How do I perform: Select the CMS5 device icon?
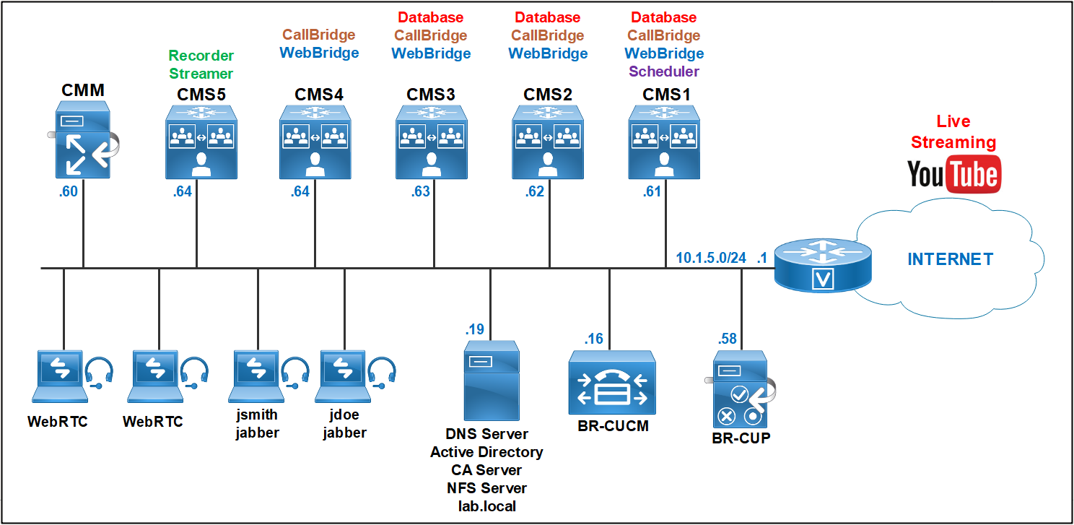coord(197,142)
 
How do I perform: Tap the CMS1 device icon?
coord(663,142)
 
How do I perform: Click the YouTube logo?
coord(953,174)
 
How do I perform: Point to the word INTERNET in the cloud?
coord(950,259)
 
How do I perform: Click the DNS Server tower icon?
coord(491,380)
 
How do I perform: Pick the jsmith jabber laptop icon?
coord(256,376)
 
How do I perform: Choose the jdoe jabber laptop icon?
coord(343,376)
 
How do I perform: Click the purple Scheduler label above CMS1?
coord(663,71)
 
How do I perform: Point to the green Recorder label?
coord(201,56)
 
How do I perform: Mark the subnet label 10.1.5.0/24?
coord(711,257)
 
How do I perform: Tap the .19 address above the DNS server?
coord(474,329)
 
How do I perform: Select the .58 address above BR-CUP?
coord(728,339)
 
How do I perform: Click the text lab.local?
coord(487,506)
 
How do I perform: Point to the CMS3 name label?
coord(431,95)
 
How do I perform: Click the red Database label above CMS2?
coord(547,17)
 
